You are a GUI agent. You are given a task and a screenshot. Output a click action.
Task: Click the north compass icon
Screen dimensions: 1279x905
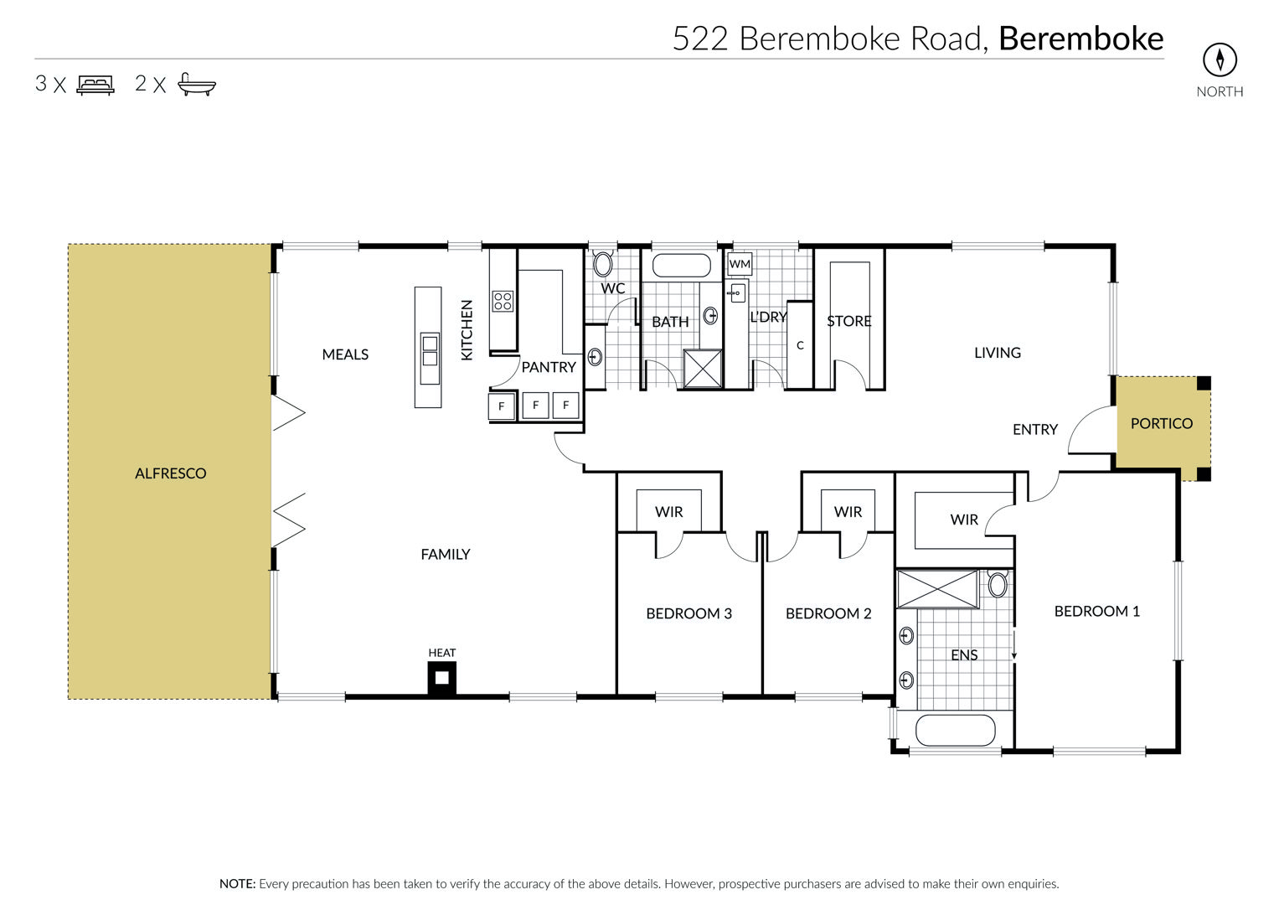click(x=1220, y=59)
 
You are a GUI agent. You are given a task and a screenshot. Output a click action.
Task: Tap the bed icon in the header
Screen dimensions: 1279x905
click(x=95, y=85)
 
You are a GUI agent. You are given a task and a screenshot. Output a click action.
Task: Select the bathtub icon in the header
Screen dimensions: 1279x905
click(x=197, y=84)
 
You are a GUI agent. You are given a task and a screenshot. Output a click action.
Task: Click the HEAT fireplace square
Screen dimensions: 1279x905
click(x=442, y=679)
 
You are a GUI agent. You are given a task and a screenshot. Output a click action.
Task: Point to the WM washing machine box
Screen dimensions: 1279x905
click(x=740, y=264)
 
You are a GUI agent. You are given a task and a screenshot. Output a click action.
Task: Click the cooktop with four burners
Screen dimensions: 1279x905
click(x=503, y=301)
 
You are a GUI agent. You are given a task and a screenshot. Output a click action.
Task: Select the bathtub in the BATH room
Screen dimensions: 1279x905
click(x=681, y=266)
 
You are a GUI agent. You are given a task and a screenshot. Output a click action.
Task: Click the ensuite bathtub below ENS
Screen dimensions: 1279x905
click(x=955, y=730)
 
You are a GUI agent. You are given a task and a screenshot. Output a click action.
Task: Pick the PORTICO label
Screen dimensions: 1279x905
click(x=1162, y=423)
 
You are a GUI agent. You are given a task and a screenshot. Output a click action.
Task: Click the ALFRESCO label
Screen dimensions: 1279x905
click(x=170, y=473)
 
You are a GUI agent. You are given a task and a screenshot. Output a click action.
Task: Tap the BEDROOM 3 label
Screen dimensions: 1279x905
click(x=688, y=613)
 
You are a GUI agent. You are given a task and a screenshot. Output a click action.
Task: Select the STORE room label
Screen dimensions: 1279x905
click(x=849, y=321)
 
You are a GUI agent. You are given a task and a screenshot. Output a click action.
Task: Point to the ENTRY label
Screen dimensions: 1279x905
click(x=1034, y=429)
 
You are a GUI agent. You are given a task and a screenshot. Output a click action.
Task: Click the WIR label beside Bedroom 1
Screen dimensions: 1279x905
click(x=964, y=520)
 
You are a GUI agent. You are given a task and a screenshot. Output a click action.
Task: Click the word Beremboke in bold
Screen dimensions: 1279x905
click(x=1080, y=39)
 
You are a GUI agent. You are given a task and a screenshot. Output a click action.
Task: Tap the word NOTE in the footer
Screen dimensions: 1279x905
click(x=238, y=884)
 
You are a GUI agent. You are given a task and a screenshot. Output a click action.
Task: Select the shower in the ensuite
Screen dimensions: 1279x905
click(x=937, y=588)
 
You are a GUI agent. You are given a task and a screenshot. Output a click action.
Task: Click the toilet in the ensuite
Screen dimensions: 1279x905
click(x=998, y=583)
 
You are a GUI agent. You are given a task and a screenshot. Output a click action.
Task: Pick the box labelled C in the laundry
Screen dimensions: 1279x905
click(x=799, y=345)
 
